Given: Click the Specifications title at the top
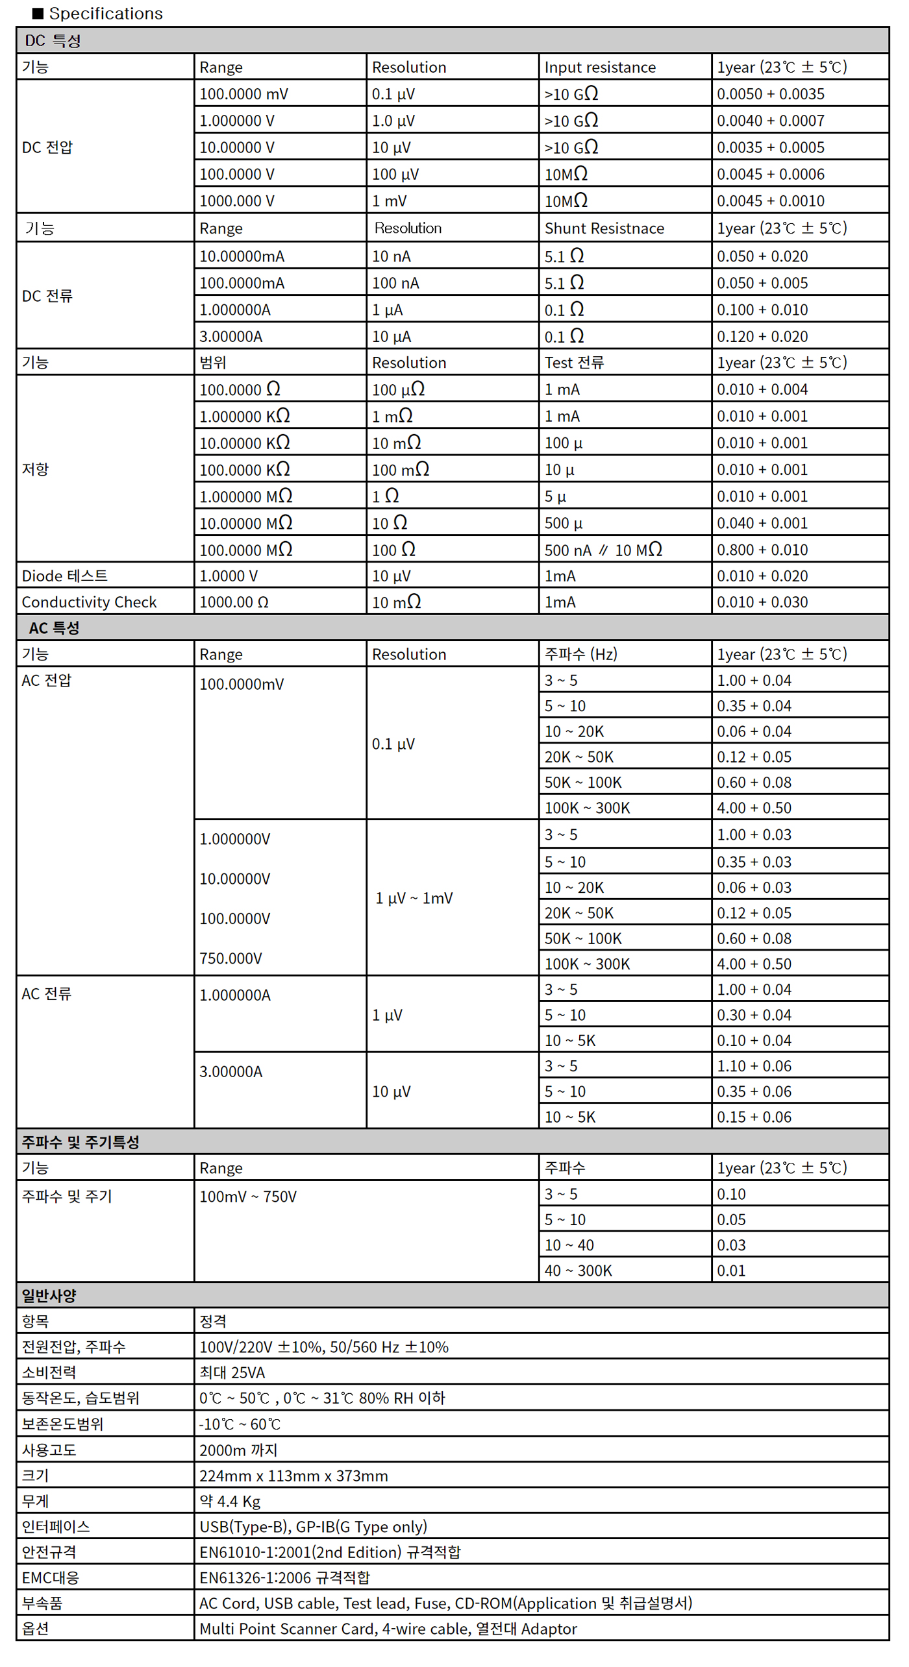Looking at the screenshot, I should click(105, 14).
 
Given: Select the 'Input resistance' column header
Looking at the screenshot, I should click(599, 67).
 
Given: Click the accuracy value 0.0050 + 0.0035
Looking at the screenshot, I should click(770, 94).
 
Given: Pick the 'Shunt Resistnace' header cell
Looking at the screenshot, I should click(604, 228).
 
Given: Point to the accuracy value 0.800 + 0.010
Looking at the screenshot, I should click(762, 550).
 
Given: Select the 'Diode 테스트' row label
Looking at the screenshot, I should click(64, 576).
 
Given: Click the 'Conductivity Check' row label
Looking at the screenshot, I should click(89, 602).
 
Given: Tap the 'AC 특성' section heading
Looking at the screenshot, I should click(54, 628).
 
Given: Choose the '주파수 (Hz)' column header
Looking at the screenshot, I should click(580, 654).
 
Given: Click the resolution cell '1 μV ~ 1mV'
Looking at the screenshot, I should click(414, 899).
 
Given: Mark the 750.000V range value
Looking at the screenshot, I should click(230, 958).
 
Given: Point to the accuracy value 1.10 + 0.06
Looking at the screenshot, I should click(754, 1066).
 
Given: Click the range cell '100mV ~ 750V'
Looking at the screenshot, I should click(247, 1197).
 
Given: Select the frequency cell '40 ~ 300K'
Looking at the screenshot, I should click(578, 1271).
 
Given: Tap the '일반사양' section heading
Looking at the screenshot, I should click(49, 1296).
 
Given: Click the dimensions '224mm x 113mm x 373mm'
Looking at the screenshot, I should click(293, 1476).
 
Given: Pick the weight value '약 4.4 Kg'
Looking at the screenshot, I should click(230, 1502).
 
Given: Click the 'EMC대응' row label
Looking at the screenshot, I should click(50, 1578).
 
